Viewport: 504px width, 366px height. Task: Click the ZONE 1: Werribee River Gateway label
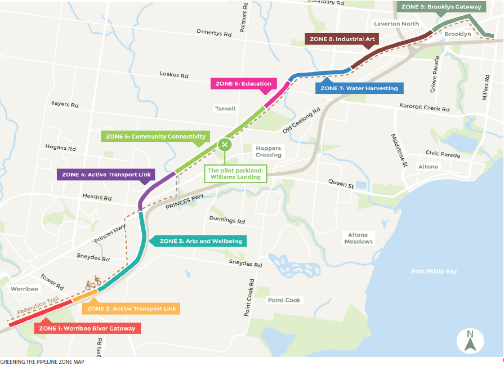[87, 328]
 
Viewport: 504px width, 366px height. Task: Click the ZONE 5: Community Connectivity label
[155, 136]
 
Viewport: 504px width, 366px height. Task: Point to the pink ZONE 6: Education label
[244, 83]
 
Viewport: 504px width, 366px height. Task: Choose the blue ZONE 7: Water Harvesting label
[359, 88]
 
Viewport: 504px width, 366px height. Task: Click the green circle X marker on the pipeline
[225, 145]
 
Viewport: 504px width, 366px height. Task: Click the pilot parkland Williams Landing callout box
[234, 173]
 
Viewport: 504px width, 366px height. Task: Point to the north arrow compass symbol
[470, 340]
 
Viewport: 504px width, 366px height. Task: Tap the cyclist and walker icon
[93, 282]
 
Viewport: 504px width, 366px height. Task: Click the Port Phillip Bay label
[434, 271]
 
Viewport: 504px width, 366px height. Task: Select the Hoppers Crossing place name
[268, 151]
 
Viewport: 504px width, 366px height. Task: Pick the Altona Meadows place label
[360, 238]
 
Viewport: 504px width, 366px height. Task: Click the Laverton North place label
[396, 24]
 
